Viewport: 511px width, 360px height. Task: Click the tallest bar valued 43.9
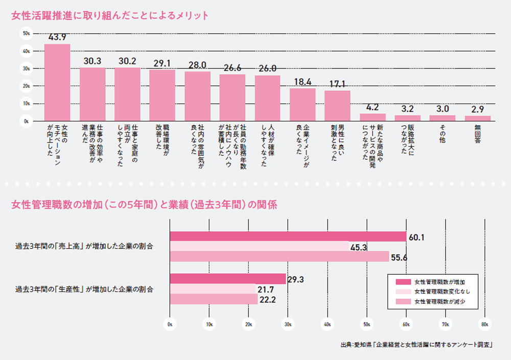tap(57, 82)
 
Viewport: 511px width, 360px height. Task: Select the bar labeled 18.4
tap(303, 104)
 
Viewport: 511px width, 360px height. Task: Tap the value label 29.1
tap(162, 64)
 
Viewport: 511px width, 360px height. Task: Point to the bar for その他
tap(443, 118)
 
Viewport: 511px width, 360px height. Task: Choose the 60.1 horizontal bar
tap(288, 236)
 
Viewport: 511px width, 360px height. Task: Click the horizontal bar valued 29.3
tap(227, 279)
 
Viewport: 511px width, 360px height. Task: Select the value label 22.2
tap(267, 300)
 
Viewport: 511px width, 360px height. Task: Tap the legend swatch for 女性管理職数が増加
tap(403, 281)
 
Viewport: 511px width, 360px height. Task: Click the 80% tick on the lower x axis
tap(485, 324)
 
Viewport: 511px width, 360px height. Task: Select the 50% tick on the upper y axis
tap(27, 34)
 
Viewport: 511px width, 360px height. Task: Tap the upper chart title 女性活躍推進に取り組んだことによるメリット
tap(110, 15)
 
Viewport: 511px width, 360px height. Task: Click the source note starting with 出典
tap(416, 345)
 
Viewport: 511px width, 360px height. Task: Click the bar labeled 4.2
tap(373, 117)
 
